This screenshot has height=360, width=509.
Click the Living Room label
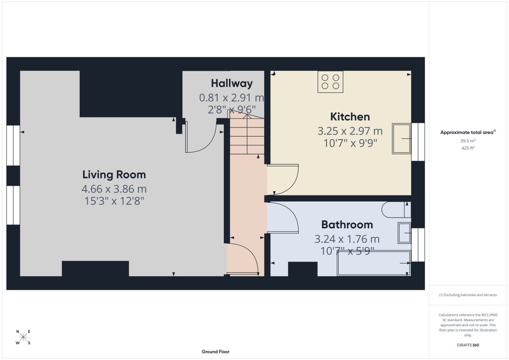pyautogui.click(x=114, y=175)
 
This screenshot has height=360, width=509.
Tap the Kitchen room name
pyautogui.click(x=350, y=117)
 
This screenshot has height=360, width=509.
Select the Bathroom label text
pyautogui.click(x=347, y=225)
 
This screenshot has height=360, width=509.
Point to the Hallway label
pyautogui.click(x=231, y=83)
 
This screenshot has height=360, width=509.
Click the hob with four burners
pyautogui.click(x=330, y=81)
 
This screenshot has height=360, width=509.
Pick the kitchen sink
pyautogui.click(x=401, y=139)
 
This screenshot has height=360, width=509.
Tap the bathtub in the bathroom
pyautogui.click(x=373, y=263)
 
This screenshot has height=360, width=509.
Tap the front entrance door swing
pyautogui.click(x=243, y=259)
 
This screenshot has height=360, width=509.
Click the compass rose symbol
pyautogui.click(x=23, y=337)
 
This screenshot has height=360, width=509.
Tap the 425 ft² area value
pyautogui.click(x=468, y=148)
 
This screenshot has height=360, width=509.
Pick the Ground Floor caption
pyautogui.click(x=215, y=352)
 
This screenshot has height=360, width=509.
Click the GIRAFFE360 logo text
pyautogui.click(x=468, y=345)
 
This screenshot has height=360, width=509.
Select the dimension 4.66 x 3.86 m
pyautogui.click(x=114, y=189)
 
